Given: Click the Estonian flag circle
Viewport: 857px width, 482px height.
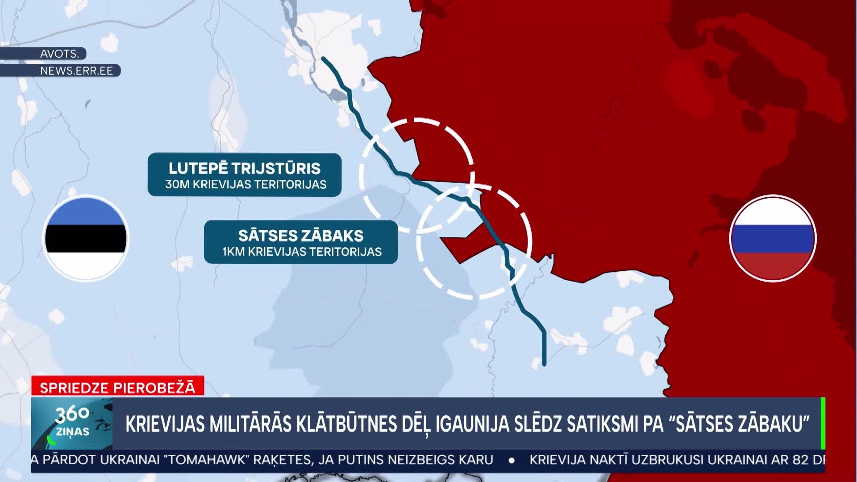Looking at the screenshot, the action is coord(86,238).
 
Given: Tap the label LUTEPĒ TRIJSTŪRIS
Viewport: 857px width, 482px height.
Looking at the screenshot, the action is coord(245,168).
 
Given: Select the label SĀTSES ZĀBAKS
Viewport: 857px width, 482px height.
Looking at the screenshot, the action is coord(300,235).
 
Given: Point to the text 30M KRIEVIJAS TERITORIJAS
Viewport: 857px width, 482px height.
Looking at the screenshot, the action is coord(245,184).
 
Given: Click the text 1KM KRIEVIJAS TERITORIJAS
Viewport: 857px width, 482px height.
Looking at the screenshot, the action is coord(302,252).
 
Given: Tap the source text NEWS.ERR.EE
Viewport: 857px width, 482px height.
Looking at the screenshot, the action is coord(76,71).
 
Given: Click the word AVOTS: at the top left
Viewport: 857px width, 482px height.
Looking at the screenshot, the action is coord(60,54).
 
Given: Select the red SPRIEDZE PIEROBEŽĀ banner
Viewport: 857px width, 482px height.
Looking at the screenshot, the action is coord(118,387).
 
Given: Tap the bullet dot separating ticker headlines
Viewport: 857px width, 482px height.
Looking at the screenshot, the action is coord(512,460).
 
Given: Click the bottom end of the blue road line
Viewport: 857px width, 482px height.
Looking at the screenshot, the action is coord(544,364).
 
